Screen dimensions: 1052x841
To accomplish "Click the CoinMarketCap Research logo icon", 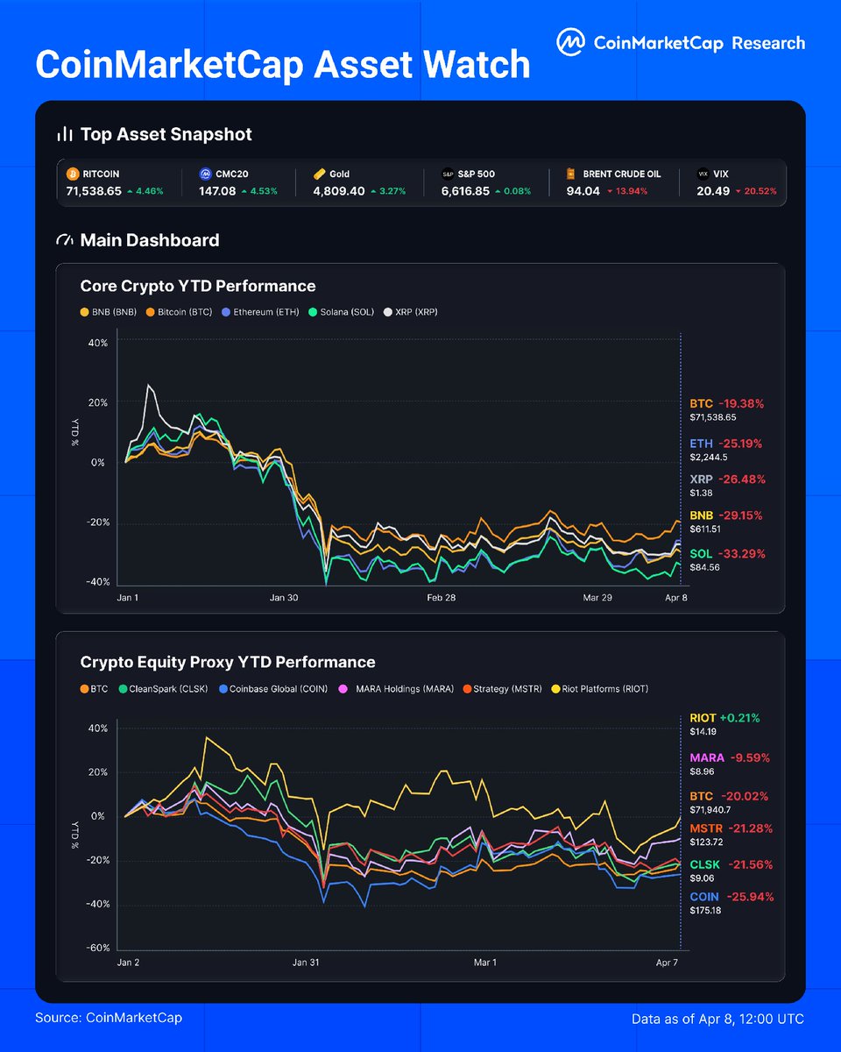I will point(570,42).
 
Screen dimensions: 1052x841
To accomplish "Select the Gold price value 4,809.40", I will point(342,190).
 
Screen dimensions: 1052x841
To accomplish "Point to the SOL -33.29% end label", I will point(726,553).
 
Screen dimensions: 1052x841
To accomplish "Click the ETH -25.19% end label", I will point(726,444).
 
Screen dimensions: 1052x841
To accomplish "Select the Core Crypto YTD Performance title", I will point(197,286).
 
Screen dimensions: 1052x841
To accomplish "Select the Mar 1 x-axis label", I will point(484,963).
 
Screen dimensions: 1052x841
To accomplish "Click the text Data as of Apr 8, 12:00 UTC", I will point(717,1019).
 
